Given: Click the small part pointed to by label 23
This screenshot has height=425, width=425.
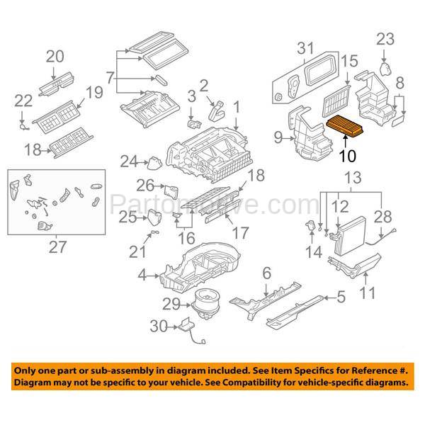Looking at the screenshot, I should coord(385,68).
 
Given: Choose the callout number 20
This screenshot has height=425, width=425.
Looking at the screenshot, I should coord(55,57).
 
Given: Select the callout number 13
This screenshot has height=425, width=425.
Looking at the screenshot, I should coord(352,176).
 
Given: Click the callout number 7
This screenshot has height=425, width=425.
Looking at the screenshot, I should coord(110,76).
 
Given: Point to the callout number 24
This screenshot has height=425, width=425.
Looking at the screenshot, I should coord(127,162).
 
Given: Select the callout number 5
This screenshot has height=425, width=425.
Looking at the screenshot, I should coord(340,298).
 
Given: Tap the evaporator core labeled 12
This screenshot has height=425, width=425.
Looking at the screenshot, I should coord(351,234).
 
